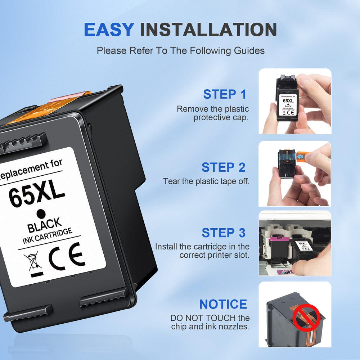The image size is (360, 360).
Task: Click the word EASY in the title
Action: tap(109, 30)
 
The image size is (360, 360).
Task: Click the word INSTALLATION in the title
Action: tap(208, 30)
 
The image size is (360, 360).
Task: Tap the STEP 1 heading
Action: tap(225, 94)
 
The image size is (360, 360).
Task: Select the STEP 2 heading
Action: tap(224, 167)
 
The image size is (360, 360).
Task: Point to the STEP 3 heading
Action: tap(224, 233)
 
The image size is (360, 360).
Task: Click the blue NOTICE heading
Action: tap(223, 304)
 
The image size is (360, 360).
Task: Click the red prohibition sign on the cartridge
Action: tap(306, 317)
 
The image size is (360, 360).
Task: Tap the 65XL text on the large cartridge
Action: tap(37, 194)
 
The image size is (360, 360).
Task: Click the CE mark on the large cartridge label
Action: tap(67, 256)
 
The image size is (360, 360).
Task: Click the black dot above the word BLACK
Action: tap(41, 214)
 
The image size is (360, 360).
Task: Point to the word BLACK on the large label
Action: tap(44, 225)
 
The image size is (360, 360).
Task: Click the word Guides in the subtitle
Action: tap(249, 51)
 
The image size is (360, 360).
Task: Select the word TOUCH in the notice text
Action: tap(220, 318)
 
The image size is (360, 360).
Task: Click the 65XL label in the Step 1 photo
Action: tap(288, 105)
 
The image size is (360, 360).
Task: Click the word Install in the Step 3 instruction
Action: tap(166, 247)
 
